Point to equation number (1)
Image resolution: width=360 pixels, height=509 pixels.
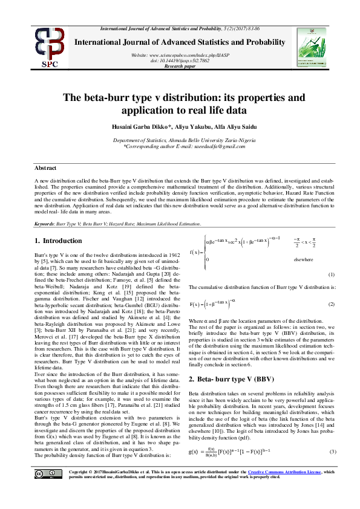[x=332, y=274]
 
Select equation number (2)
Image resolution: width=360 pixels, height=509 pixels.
[x=332, y=303]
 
